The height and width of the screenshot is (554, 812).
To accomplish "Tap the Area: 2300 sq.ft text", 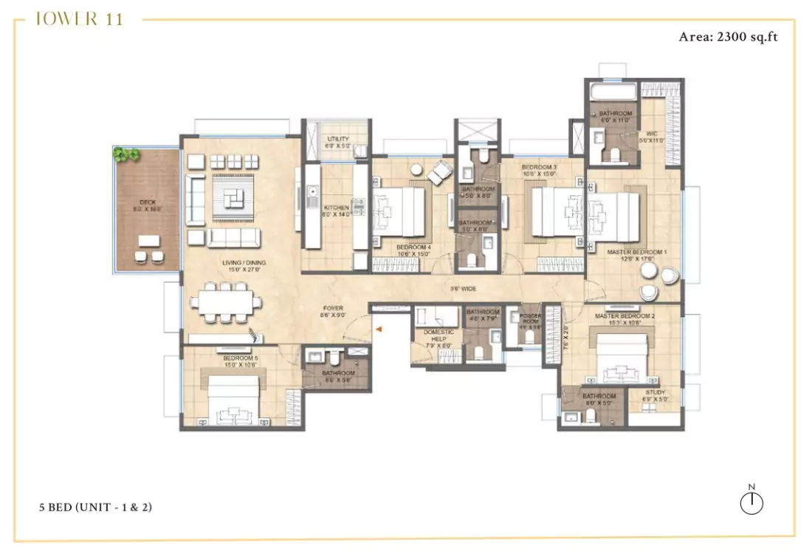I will pos(728,36).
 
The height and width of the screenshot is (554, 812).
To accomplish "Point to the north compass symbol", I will pos(751,502).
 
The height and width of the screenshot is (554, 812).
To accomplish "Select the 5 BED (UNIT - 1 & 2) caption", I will pos(96,507).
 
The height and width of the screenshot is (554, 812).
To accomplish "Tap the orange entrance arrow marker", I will pos(378,330).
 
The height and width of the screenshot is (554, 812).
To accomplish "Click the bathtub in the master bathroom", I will pos(612,91).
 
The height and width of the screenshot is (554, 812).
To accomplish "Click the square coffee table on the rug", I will pos(235,196).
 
